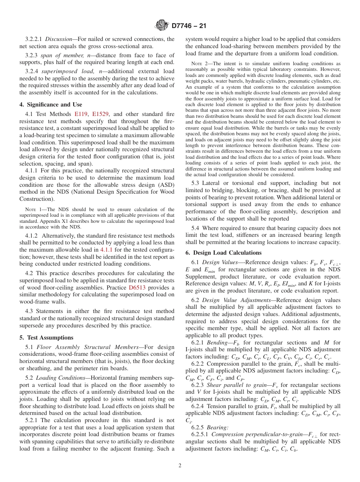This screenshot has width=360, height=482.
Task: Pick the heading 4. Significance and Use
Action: (x=50, y=104)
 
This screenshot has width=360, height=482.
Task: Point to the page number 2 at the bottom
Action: (x=180, y=466)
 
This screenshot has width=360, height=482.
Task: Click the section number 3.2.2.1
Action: (x=34, y=39)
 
